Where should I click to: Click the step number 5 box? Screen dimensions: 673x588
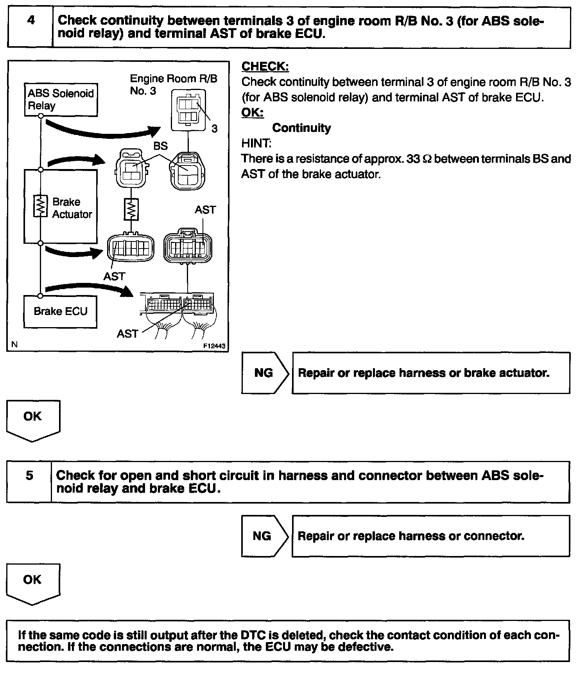[29, 481]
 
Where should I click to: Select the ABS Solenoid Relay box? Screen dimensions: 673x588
[61, 99]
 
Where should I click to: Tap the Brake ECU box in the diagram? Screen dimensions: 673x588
[60, 311]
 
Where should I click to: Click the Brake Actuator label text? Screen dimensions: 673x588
[72, 208]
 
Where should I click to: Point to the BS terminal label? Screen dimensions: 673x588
[160, 146]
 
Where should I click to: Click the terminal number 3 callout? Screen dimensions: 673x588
[214, 128]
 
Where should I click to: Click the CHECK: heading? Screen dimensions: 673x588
[265, 67]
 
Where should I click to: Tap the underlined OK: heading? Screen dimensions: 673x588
[253, 113]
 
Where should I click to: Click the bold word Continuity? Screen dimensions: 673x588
[301, 128]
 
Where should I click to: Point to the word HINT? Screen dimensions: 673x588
[256, 143]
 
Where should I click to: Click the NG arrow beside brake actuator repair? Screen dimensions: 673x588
[264, 373]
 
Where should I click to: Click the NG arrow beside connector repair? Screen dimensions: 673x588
[263, 536]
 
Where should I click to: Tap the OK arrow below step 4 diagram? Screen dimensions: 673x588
[33, 420]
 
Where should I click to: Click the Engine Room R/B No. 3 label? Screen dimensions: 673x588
[173, 85]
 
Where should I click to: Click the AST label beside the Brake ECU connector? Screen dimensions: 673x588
[127, 334]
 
